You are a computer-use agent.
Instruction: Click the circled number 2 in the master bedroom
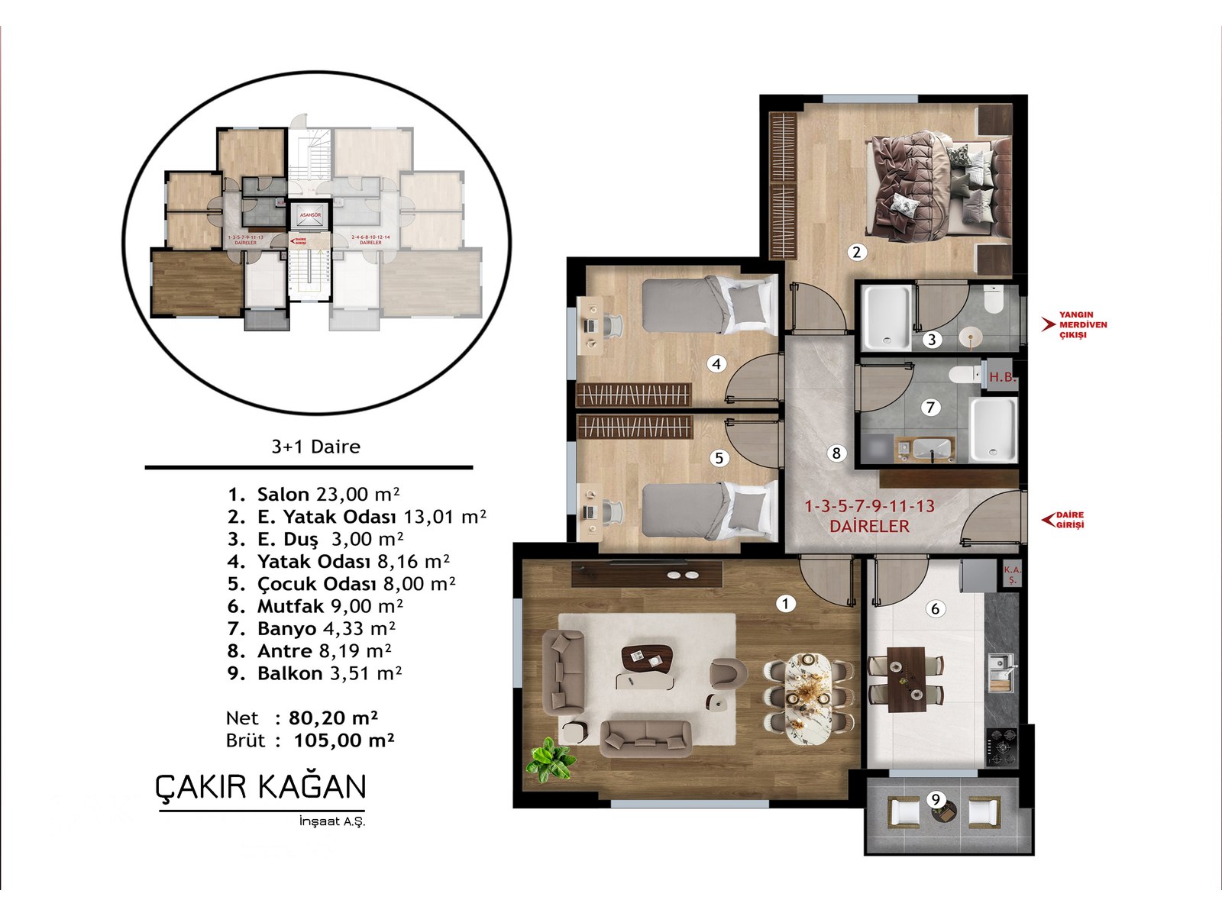pos(857,252)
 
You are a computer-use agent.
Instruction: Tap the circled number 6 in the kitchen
pos(935,608)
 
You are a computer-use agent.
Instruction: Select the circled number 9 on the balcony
pos(936,799)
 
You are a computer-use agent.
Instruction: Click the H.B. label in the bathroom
pos(1001,377)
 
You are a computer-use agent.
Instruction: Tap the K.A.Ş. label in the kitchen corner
pos(1012,575)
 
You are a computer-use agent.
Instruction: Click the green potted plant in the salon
pos(551,759)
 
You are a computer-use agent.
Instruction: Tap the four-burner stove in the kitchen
pos(1001,746)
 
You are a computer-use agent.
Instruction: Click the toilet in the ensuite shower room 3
pos(994,301)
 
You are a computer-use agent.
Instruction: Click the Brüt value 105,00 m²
pos(344,740)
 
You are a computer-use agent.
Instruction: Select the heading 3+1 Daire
pos(315,447)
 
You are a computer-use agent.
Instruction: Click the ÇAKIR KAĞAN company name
pos(260,787)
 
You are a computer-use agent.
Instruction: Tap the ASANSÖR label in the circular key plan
pos(310,215)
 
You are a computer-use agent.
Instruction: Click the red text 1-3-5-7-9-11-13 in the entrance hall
pos(869,506)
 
